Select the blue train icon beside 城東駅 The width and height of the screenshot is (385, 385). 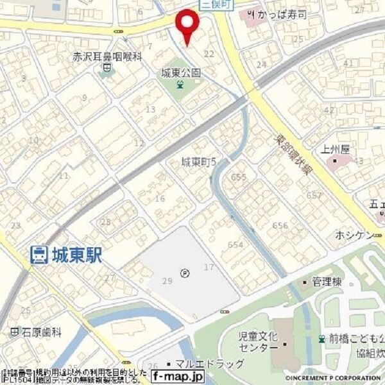point(38,255)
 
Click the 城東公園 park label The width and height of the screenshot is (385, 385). point(181,73)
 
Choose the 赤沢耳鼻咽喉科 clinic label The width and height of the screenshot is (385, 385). point(107,56)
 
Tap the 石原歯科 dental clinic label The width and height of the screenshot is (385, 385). point(40,332)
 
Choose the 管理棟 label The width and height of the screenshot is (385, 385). point(325,281)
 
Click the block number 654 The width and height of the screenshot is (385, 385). point(235,244)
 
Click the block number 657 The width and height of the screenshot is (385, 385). point(314,195)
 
